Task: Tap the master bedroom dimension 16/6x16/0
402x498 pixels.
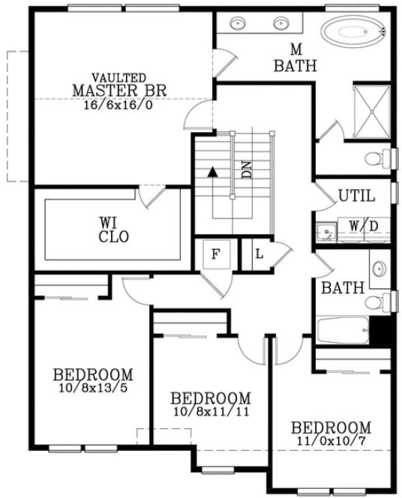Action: [x=118, y=105]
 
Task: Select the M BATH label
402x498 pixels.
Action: [x=295, y=58]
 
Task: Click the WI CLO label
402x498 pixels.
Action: [x=114, y=229]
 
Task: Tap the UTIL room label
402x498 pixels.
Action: [x=355, y=196]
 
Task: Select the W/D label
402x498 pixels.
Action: [x=363, y=225]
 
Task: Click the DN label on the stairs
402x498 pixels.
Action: [x=247, y=169]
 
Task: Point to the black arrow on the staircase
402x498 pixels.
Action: [x=213, y=171]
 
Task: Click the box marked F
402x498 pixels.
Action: [x=215, y=253]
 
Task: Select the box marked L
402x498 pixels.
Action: [x=259, y=253]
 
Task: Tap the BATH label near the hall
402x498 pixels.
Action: [x=343, y=288]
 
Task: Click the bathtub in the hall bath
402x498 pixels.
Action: [x=343, y=330]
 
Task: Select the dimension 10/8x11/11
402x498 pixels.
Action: [x=211, y=411]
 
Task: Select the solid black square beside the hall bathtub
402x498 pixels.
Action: [x=382, y=331]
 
